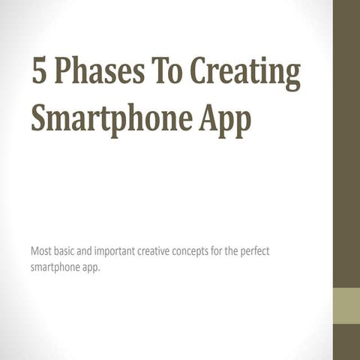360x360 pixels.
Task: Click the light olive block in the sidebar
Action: [346, 307]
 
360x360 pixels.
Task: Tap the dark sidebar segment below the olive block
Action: [346, 342]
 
